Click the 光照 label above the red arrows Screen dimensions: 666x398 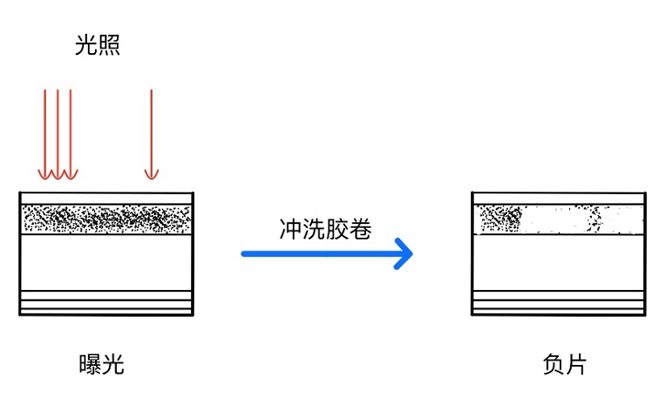point(97,45)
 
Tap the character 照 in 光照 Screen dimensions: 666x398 point(109,45)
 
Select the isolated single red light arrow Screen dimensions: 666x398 point(151,134)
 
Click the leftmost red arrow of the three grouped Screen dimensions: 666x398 point(45,134)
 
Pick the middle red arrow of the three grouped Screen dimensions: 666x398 point(58,134)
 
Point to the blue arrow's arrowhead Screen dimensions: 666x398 point(403,253)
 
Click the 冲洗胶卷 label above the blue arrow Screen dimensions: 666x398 point(326,229)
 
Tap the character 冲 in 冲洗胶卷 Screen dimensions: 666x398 point(291,229)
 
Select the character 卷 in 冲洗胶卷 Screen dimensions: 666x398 point(360,229)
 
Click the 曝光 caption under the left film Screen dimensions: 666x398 point(102,364)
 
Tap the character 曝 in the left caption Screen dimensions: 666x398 point(90,364)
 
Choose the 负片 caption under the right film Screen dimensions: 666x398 point(564,364)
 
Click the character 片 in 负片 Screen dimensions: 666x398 point(576,364)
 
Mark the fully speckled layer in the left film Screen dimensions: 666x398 point(107,220)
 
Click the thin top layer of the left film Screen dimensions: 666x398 point(107,199)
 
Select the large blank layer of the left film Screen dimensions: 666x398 point(107,263)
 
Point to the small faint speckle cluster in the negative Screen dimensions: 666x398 point(596,220)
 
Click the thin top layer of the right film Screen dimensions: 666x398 point(559,199)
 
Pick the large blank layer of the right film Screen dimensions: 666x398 point(559,263)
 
